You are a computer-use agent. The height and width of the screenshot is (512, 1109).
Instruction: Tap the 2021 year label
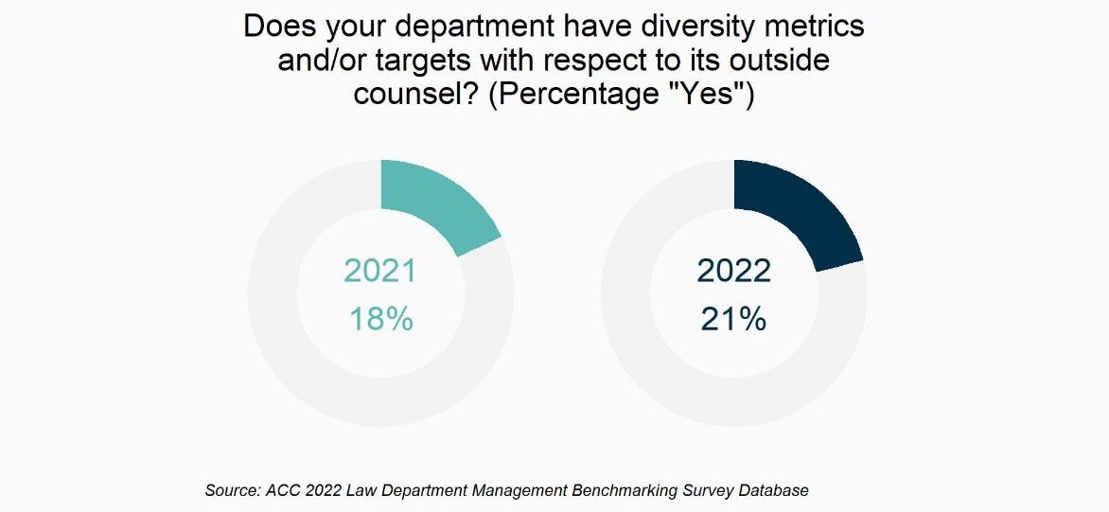pos(380,271)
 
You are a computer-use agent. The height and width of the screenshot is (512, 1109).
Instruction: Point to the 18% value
pos(380,319)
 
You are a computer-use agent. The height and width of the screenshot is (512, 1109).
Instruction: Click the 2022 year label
pos(733,271)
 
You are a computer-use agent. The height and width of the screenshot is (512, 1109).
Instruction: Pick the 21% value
pos(733,319)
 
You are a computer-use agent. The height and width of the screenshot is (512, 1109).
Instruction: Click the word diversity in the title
pos(678,26)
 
